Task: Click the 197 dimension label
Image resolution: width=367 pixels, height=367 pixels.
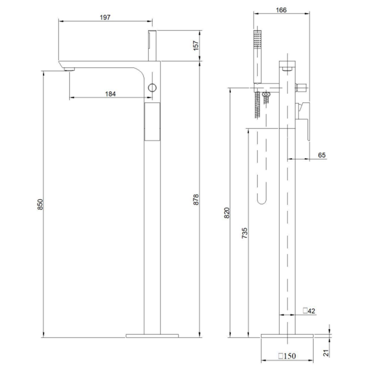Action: (105, 17)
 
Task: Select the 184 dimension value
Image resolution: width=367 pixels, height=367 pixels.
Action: (110, 94)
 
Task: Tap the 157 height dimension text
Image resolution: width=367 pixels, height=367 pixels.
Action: (196, 46)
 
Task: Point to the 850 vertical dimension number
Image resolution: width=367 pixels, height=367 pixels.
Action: (40, 204)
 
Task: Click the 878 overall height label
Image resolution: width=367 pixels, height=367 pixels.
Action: (196, 199)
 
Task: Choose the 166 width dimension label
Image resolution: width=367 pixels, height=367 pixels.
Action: (281, 10)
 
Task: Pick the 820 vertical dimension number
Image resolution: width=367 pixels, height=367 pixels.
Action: (227, 213)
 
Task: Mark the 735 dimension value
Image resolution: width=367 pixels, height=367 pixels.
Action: (244, 233)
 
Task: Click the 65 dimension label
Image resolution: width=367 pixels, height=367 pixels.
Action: (322, 155)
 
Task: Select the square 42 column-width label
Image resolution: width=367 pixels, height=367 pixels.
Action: (309, 311)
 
